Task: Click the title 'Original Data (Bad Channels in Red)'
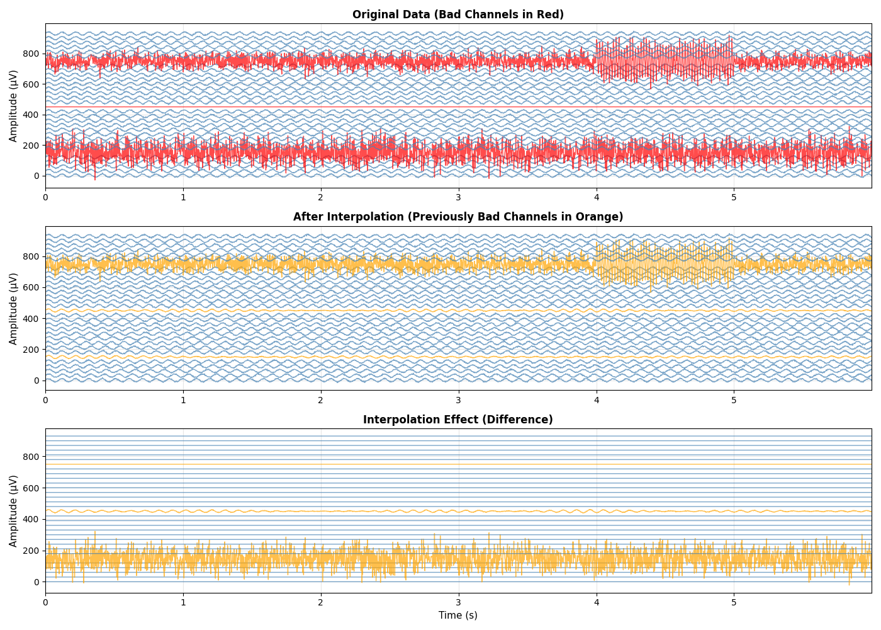point(457,14)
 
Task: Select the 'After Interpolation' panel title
point(457,217)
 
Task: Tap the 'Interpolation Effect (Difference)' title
point(457,420)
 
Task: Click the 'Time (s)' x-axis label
point(457,615)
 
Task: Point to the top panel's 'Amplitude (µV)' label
point(13,106)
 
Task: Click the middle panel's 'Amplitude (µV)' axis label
point(13,308)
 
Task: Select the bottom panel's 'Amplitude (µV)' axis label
point(13,511)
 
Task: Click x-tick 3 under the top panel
point(458,197)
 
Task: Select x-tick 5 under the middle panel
point(734,399)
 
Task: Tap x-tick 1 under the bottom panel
point(183,602)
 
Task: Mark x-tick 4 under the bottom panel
point(596,602)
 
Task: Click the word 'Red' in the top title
point(548,14)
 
